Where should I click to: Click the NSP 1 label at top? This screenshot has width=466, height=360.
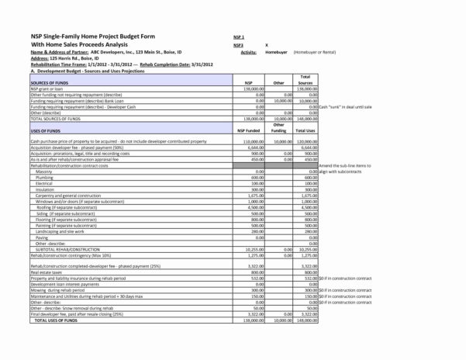239,36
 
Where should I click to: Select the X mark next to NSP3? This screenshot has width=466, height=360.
266,45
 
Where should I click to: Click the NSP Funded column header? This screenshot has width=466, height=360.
248,132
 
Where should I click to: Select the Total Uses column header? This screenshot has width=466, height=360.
305,132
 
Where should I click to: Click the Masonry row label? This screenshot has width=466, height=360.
44,171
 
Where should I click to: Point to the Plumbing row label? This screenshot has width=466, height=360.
45,178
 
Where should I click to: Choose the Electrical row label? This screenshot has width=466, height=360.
45,184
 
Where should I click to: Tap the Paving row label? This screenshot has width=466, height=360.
42,237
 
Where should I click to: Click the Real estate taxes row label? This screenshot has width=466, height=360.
47,273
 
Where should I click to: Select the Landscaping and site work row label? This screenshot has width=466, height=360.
60,231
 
